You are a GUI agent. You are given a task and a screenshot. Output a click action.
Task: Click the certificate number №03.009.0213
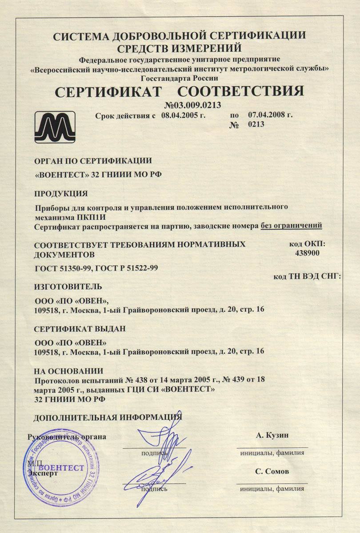(193, 105)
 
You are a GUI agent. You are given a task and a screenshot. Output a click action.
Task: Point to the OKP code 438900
(307, 253)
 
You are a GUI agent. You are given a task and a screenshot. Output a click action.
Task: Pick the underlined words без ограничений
(291, 226)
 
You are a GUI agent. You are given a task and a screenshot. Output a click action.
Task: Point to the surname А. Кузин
(272, 435)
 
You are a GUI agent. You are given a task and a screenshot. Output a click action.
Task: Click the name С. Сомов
(272, 471)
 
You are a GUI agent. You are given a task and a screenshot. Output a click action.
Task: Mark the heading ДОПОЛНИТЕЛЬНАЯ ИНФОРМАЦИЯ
(108, 417)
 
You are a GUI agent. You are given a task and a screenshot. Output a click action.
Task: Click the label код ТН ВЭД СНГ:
(307, 276)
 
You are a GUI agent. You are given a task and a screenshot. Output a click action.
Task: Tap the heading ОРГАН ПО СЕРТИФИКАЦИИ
(93, 161)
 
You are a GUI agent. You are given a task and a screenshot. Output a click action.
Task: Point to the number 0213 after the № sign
(256, 125)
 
